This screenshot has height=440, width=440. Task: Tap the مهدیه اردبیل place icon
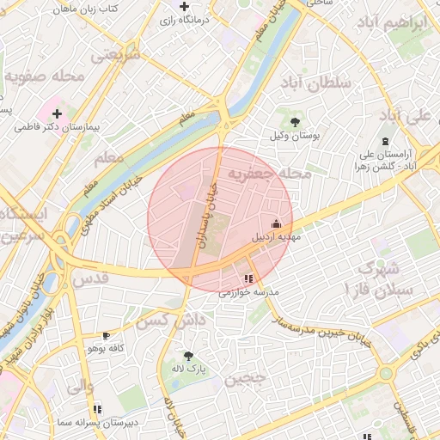point(275,222)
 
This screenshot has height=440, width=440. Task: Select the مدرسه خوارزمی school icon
point(248,279)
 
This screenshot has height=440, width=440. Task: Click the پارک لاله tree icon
point(188,355)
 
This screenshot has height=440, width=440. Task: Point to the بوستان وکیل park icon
point(296,122)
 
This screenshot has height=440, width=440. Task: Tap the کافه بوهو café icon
point(106,335)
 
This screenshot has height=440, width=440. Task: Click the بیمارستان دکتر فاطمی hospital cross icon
point(57,113)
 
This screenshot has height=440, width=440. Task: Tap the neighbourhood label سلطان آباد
point(316,82)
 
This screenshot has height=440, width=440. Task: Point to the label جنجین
point(246,378)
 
